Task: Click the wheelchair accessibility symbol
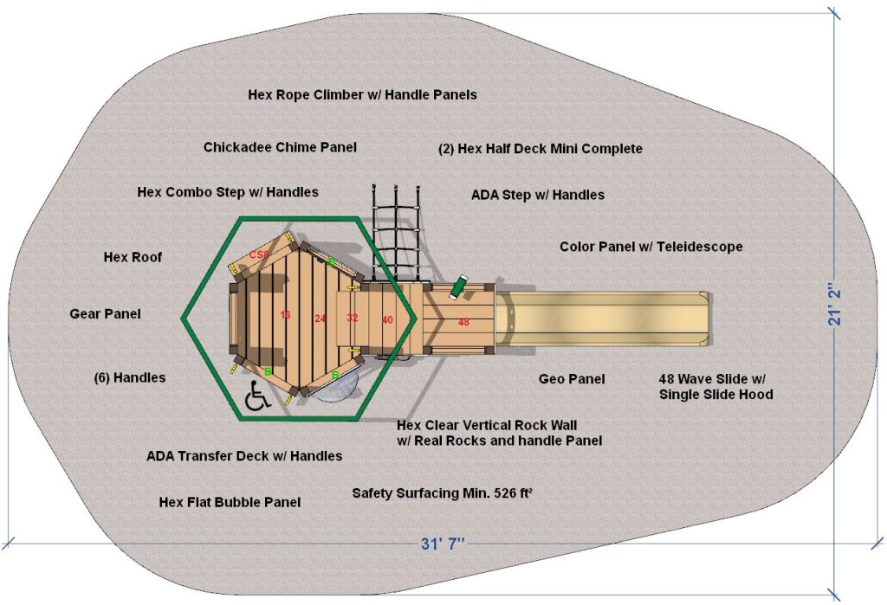click(x=256, y=396)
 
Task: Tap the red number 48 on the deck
click(x=463, y=322)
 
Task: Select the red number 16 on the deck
click(x=286, y=315)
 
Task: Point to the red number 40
click(x=387, y=319)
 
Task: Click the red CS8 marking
click(x=257, y=254)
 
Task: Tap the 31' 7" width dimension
click(x=443, y=544)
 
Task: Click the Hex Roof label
click(x=133, y=257)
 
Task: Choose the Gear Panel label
click(x=105, y=313)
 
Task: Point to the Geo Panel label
click(x=572, y=379)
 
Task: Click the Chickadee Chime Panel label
click(x=280, y=147)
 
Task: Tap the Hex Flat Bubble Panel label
click(x=230, y=502)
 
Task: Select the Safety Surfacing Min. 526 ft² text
click(x=442, y=493)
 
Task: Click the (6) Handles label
click(x=129, y=377)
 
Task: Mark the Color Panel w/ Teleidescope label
click(x=651, y=247)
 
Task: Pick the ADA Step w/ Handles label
click(x=537, y=195)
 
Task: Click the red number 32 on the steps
click(x=352, y=318)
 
